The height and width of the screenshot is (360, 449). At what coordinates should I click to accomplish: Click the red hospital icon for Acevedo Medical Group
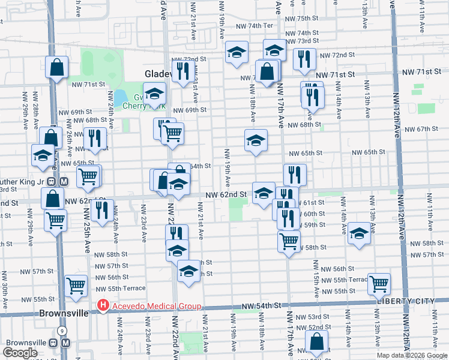(103, 306)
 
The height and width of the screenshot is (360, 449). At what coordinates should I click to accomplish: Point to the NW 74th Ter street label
(254, 26)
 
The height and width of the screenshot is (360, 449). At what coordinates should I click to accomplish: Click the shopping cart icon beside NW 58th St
(289, 241)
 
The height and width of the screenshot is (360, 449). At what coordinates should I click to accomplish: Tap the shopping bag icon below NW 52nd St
(316, 342)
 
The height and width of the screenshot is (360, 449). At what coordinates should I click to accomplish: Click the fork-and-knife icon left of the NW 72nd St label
(304, 58)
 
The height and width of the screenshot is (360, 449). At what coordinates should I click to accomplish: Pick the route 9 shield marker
(62, 331)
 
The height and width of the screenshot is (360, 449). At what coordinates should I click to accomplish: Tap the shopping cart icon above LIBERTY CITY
(379, 284)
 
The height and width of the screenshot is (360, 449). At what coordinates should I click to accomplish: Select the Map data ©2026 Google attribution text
(412, 355)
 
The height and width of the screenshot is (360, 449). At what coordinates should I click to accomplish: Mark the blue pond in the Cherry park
(121, 96)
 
